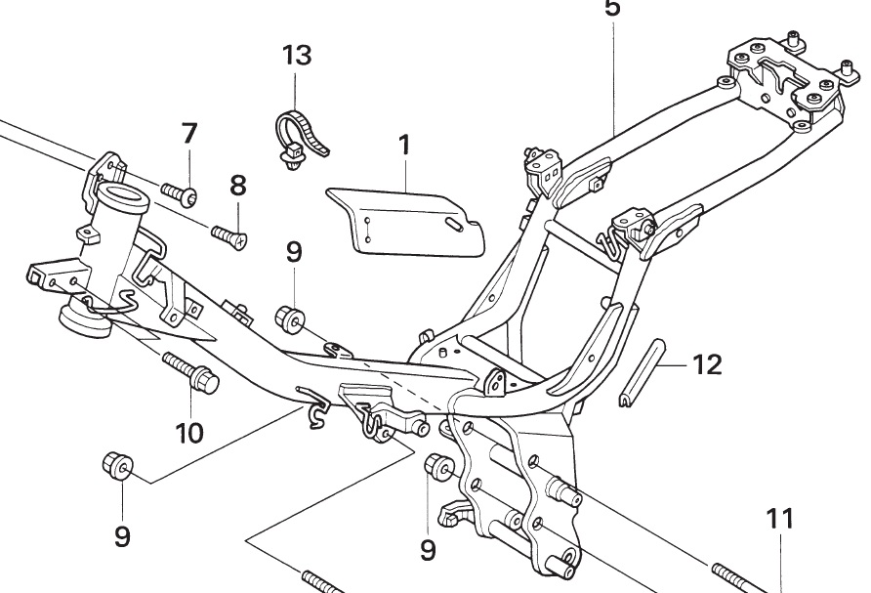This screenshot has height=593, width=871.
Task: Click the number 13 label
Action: click(x=297, y=55)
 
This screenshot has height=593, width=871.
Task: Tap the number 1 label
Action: click(x=403, y=147)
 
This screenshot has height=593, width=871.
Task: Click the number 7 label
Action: click(x=188, y=135)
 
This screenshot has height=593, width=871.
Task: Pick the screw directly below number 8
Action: click(x=228, y=234)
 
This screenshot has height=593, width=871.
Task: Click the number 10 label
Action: click(x=189, y=432)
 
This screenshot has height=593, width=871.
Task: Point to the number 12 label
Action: click(x=707, y=365)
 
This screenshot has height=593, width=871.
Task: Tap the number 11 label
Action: click(x=780, y=519)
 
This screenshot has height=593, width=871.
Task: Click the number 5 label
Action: click(x=612, y=8)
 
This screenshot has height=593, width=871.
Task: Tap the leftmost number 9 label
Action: click(x=122, y=537)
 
